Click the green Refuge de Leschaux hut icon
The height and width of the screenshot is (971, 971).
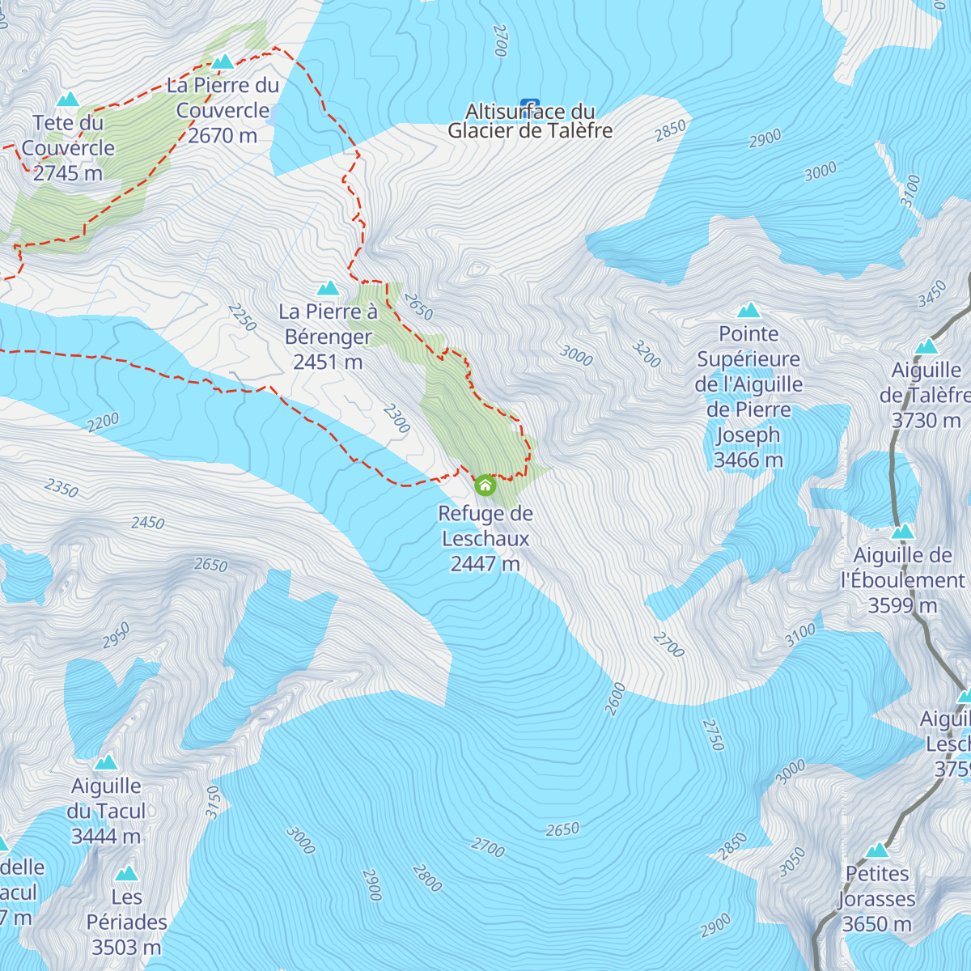tap(485, 485)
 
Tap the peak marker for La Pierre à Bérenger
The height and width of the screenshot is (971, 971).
tap(328, 288)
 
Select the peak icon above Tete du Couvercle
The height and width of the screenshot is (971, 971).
tap(68, 100)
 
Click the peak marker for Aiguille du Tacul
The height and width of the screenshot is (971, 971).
tap(106, 762)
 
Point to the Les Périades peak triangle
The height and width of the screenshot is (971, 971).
tap(126, 873)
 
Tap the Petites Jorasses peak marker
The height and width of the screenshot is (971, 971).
tap(877, 850)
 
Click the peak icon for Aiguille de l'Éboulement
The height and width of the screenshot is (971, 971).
tap(902, 532)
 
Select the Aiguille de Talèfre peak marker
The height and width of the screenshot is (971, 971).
tap(926, 347)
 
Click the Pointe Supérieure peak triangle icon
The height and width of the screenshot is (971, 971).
tap(748, 310)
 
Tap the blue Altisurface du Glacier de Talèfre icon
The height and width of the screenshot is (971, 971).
tap(530, 104)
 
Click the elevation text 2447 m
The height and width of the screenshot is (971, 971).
tap(485, 563)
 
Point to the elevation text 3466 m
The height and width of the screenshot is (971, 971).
tap(748, 460)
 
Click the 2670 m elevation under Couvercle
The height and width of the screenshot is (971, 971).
tap(223, 135)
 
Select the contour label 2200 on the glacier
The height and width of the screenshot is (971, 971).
tap(103, 422)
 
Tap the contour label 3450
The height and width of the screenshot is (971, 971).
tap(932, 294)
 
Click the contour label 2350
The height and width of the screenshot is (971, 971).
tap(61, 488)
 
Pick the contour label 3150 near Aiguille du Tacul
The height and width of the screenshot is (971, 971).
tap(213, 803)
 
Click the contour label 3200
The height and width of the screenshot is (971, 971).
tap(647, 354)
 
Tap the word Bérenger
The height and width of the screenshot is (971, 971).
tap(329, 337)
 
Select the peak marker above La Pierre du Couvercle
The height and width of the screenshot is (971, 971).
tap(223, 61)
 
